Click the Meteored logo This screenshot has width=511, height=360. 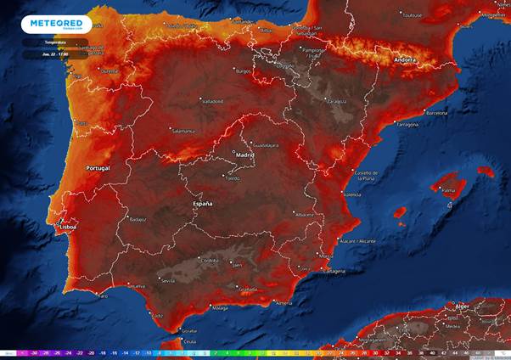[x=56, y=24]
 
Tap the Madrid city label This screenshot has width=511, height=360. [x=244, y=156]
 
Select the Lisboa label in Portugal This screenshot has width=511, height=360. [x=69, y=227]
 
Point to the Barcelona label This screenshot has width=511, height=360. [x=435, y=112]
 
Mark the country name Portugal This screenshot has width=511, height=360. [x=98, y=168]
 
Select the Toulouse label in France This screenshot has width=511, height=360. [x=413, y=14]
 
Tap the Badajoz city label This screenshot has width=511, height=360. [x=138, y=218]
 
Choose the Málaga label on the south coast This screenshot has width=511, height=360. [x=221, y=307]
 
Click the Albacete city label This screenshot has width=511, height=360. [x=303, y=215]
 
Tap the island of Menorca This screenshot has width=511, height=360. [x=486, y=171]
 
